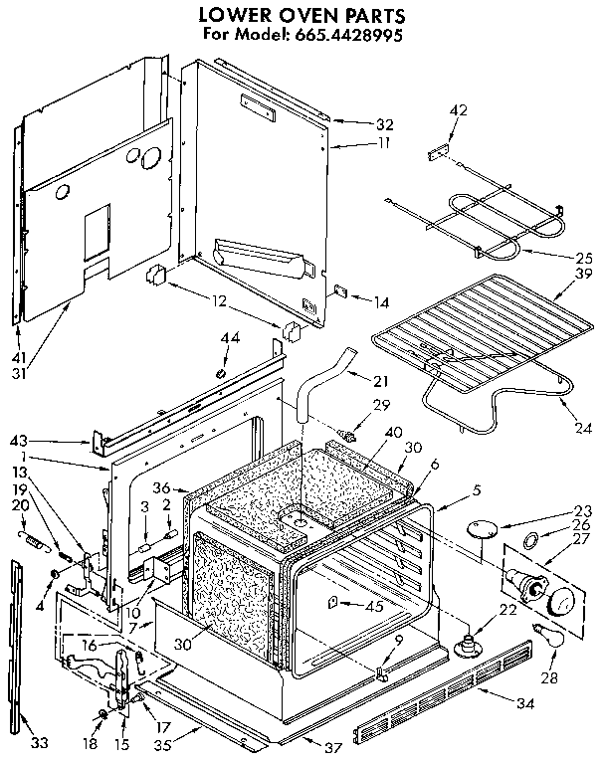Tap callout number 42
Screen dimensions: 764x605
(x=459, y=109)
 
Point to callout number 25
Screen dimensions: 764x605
(x=582, y=256)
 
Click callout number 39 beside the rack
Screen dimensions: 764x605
(x=584, y=274)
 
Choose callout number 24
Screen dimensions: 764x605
(x=582, y=429)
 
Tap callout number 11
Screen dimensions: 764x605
(x=383, y=143)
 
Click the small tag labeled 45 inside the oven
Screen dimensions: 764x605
(x=331, y=603)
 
